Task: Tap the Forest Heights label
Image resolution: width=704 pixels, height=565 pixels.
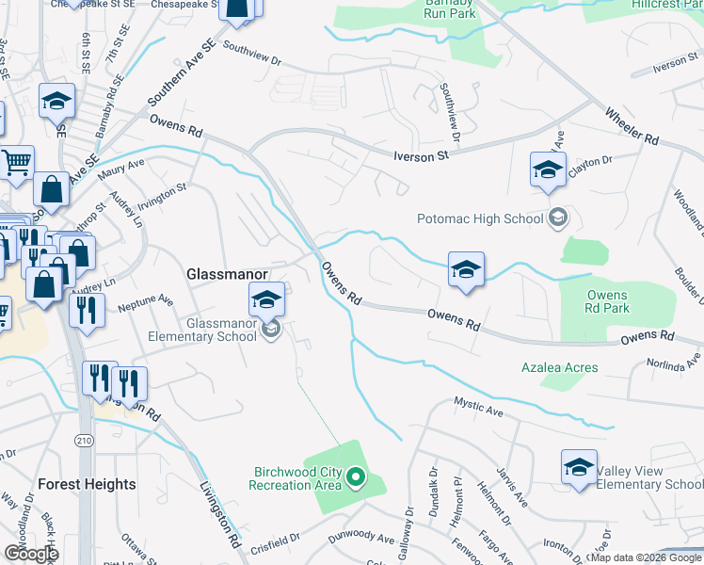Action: pos(87,484)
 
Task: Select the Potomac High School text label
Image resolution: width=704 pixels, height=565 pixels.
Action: pos(480,219)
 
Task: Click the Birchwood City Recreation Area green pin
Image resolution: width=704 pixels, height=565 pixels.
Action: pos(355,477)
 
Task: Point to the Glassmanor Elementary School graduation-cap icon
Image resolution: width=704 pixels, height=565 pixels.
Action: pos(267,301)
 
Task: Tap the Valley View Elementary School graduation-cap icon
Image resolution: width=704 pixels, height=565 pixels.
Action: pos(579,467)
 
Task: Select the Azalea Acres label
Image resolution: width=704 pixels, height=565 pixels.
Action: pos(560,367)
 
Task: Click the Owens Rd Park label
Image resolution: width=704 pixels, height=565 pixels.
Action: pos(607,301)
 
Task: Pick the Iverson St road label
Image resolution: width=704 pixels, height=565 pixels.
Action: pos(418,153)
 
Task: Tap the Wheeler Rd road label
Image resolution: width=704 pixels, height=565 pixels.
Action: pos(632,125)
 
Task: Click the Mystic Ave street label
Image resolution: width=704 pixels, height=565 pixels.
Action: pos(480,409)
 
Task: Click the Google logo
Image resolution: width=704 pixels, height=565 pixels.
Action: pos(31,554)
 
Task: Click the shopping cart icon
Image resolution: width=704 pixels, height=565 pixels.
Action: pos(16,163)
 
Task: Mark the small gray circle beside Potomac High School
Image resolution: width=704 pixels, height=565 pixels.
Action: pos(558,218)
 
